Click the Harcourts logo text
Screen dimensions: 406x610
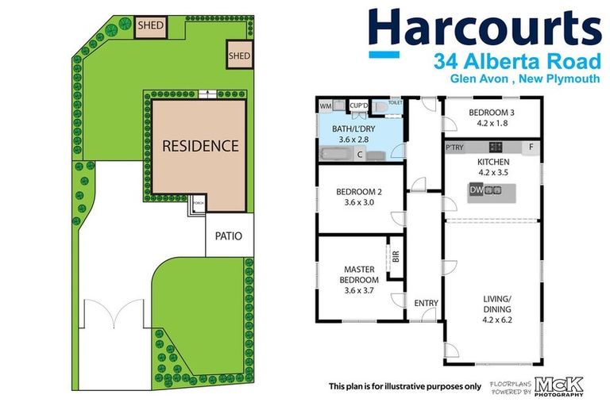[485, 29]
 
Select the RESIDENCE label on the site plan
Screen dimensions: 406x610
[200, 146]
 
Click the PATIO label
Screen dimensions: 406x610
[229, 236]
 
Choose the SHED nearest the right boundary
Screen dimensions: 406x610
[239, 56]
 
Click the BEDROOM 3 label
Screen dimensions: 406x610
[490, 113]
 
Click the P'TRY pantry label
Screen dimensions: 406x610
[454, 147]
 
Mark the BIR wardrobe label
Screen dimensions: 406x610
[395, 257]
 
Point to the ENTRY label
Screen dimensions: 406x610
[426, 303]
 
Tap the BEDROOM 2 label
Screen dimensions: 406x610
[354, 197]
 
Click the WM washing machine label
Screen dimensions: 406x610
[325, 105]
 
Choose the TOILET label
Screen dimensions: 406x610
[396, 102]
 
